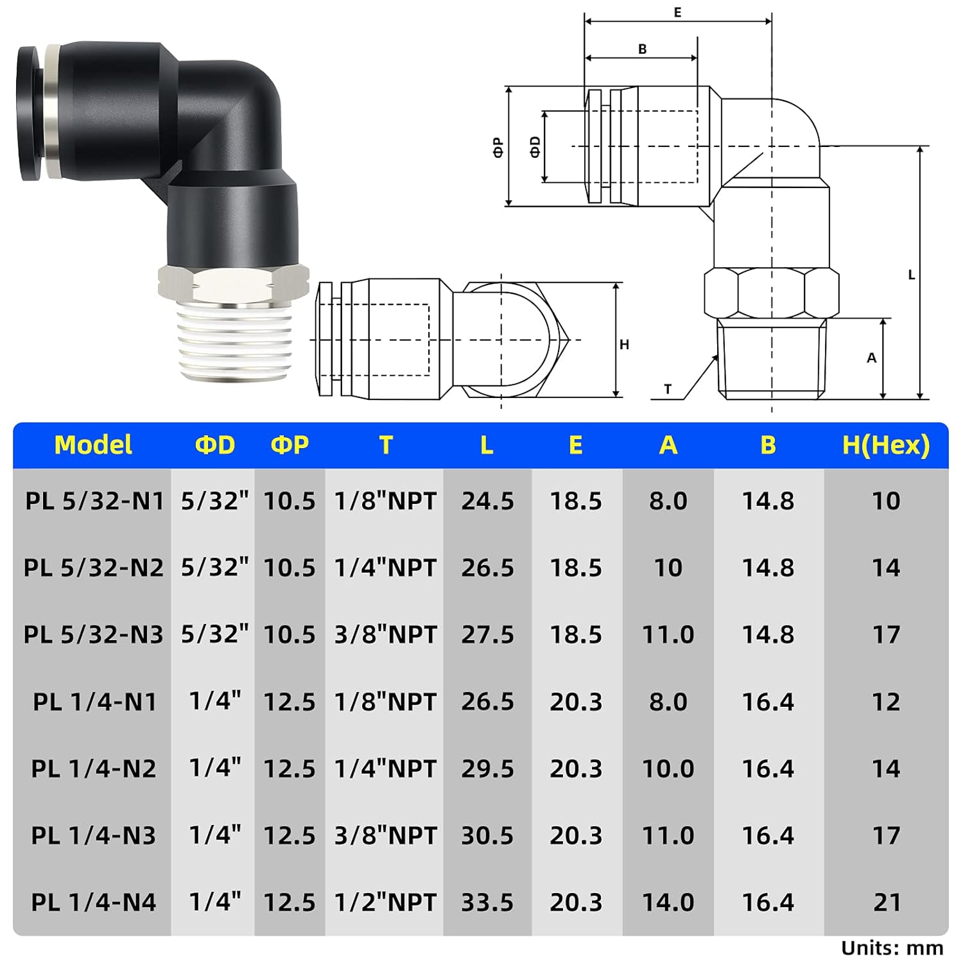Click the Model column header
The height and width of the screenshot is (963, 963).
93,445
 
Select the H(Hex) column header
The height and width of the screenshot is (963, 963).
886,445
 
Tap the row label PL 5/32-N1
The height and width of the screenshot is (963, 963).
94,501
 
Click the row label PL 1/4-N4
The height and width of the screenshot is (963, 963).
94,902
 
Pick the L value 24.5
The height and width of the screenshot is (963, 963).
487,501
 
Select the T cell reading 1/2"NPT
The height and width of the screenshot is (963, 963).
385,902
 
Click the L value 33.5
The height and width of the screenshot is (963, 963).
487,902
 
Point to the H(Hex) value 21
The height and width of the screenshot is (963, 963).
887,902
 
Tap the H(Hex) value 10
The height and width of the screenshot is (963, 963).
886,501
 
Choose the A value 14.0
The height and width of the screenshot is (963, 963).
668,902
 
